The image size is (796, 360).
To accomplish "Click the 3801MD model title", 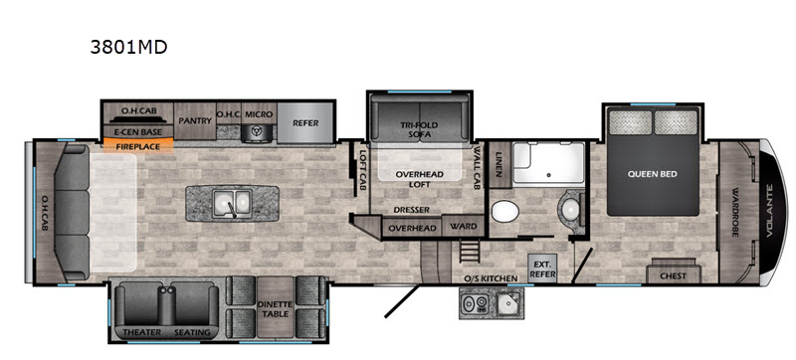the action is pyautogui.click(x=128, y=47).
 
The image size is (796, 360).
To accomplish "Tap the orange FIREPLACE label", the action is pyautogui.click(x=138, y=146).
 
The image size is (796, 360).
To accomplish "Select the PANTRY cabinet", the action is pyautogui.click(x=195, y=121).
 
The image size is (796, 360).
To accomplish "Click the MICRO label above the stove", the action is pyautogui.click(x=259, y=114).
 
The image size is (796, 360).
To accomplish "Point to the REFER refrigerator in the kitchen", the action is pyautogui.click(x=305, y=122).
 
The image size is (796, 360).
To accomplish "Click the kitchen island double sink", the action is pyautogui.click(x=233, y=202).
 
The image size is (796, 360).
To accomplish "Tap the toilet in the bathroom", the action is pyautogui.click(x=504, y=211).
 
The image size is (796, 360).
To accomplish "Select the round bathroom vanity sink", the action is pyautogui.click(x=570, y=208).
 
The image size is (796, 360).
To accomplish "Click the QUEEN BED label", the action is pyautogui.click(x=653, y=174).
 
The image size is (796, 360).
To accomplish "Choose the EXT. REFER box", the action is pyautogui.click(x=542, y=269).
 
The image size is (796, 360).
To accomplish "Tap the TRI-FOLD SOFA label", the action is pyautogui.click(x=419, y=129).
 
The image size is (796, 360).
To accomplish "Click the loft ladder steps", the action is pyautogui.click(x=470, y=251).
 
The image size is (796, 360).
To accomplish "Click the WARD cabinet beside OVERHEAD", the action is pyautogui.click(x=463, y=226).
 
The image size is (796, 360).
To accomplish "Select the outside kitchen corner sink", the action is pyautogui.click(x=505, y=304).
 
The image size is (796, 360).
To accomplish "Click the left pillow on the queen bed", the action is pyautogui.click(x=630, y=122).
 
